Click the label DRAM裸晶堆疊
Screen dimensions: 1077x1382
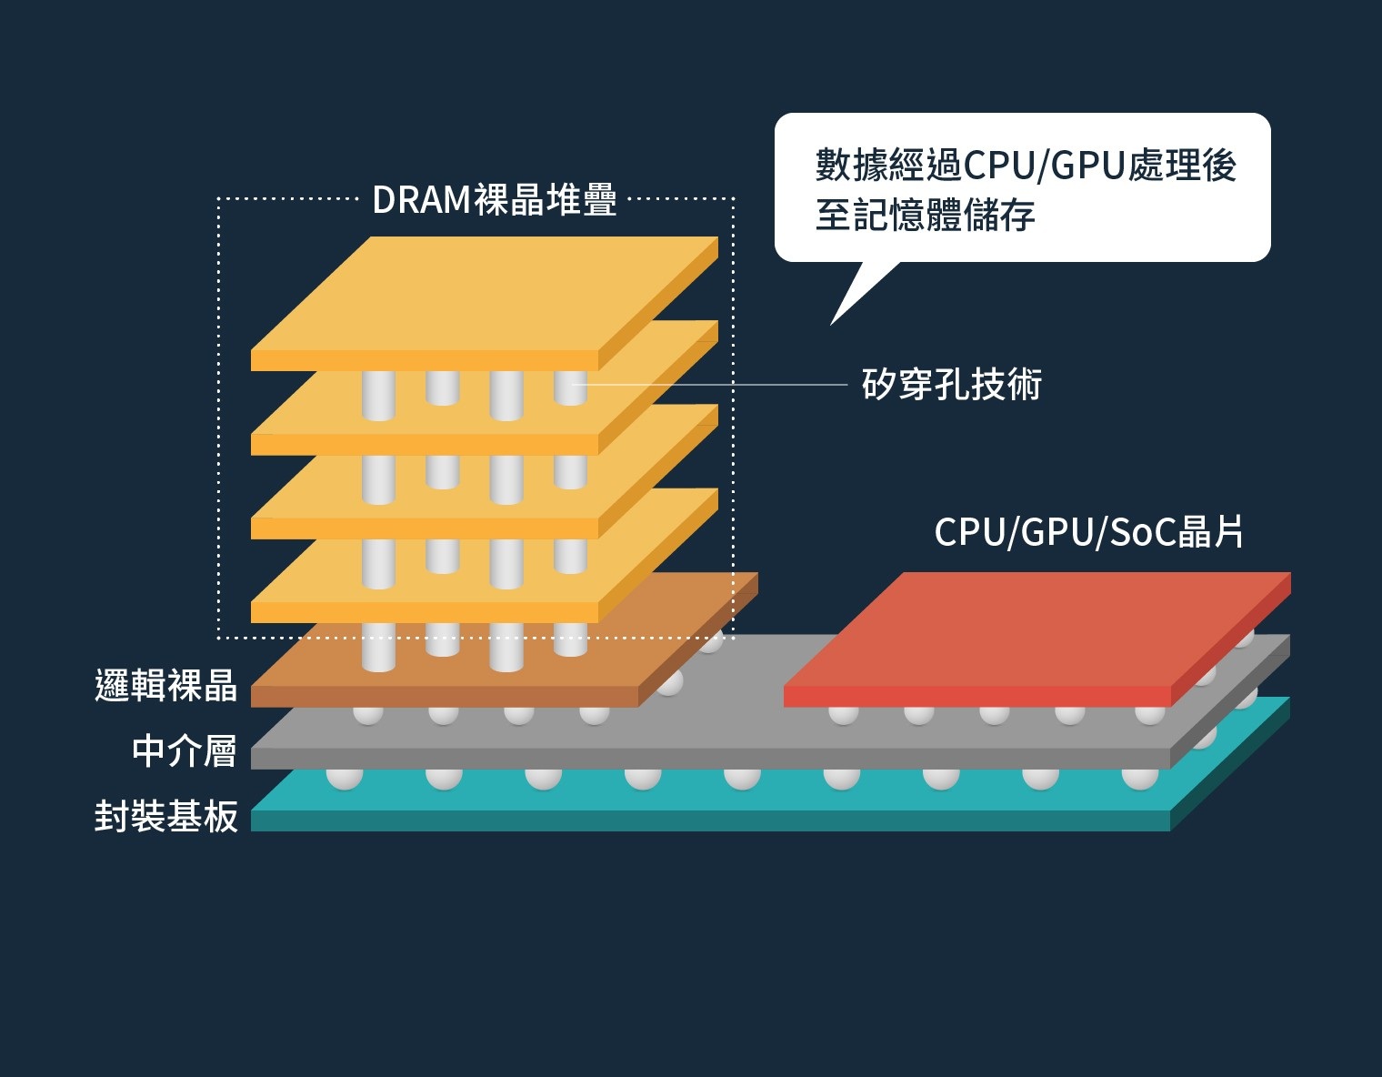(x=495, y=200)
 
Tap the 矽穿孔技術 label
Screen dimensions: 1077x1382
(x=951, y=385)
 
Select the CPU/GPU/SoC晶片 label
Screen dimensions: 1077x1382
(x=1088, y=532)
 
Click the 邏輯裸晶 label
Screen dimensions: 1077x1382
(x=165, y=686)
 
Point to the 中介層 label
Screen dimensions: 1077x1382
(x=184, y=751)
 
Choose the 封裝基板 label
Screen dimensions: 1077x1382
(x=165, y=817)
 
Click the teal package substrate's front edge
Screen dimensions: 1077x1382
(x=709, y=820)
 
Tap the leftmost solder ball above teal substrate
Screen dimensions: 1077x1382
(x=345, y=778)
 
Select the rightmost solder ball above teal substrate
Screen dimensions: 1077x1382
(x=1139, y=778)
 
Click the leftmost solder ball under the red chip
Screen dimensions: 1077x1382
(x=843, y=714)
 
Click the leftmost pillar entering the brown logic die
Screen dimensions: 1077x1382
(x=378, y=647)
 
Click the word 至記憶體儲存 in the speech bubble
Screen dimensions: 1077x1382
(x=925, y=216)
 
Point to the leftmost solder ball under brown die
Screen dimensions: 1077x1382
(x=367, y=714)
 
